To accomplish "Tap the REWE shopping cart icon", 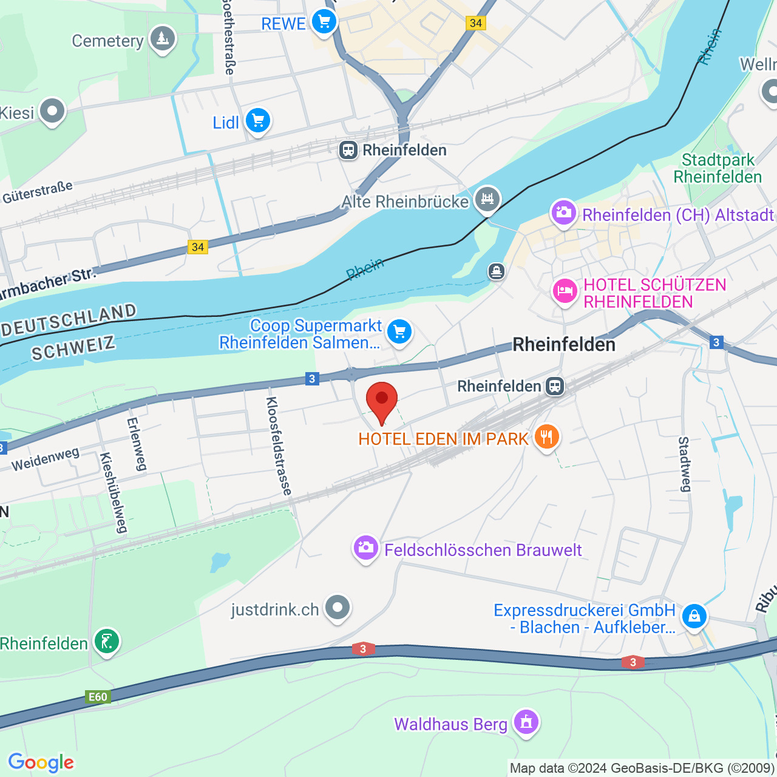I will coord(324,23).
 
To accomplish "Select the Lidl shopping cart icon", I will coord(258,121).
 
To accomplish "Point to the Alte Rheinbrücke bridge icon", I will coord(487,198).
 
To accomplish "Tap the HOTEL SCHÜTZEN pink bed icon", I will coord(565,291).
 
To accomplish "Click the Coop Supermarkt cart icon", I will coord(399,332).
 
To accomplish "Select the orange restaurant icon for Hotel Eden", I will coord(547,437).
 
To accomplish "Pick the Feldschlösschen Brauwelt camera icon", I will coord(366,548).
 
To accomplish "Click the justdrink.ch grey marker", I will coord(338,608).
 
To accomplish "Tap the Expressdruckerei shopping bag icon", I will coord(694,617).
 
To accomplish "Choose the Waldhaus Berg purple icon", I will coord(526,722).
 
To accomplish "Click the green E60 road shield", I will coord(98,697).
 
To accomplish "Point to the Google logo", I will coord(41,762).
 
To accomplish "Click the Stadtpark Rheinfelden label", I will coord(718,169).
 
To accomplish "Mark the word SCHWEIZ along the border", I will coord(73,348).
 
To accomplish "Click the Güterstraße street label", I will coord(38,192).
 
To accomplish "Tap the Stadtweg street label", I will coord(685,464).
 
